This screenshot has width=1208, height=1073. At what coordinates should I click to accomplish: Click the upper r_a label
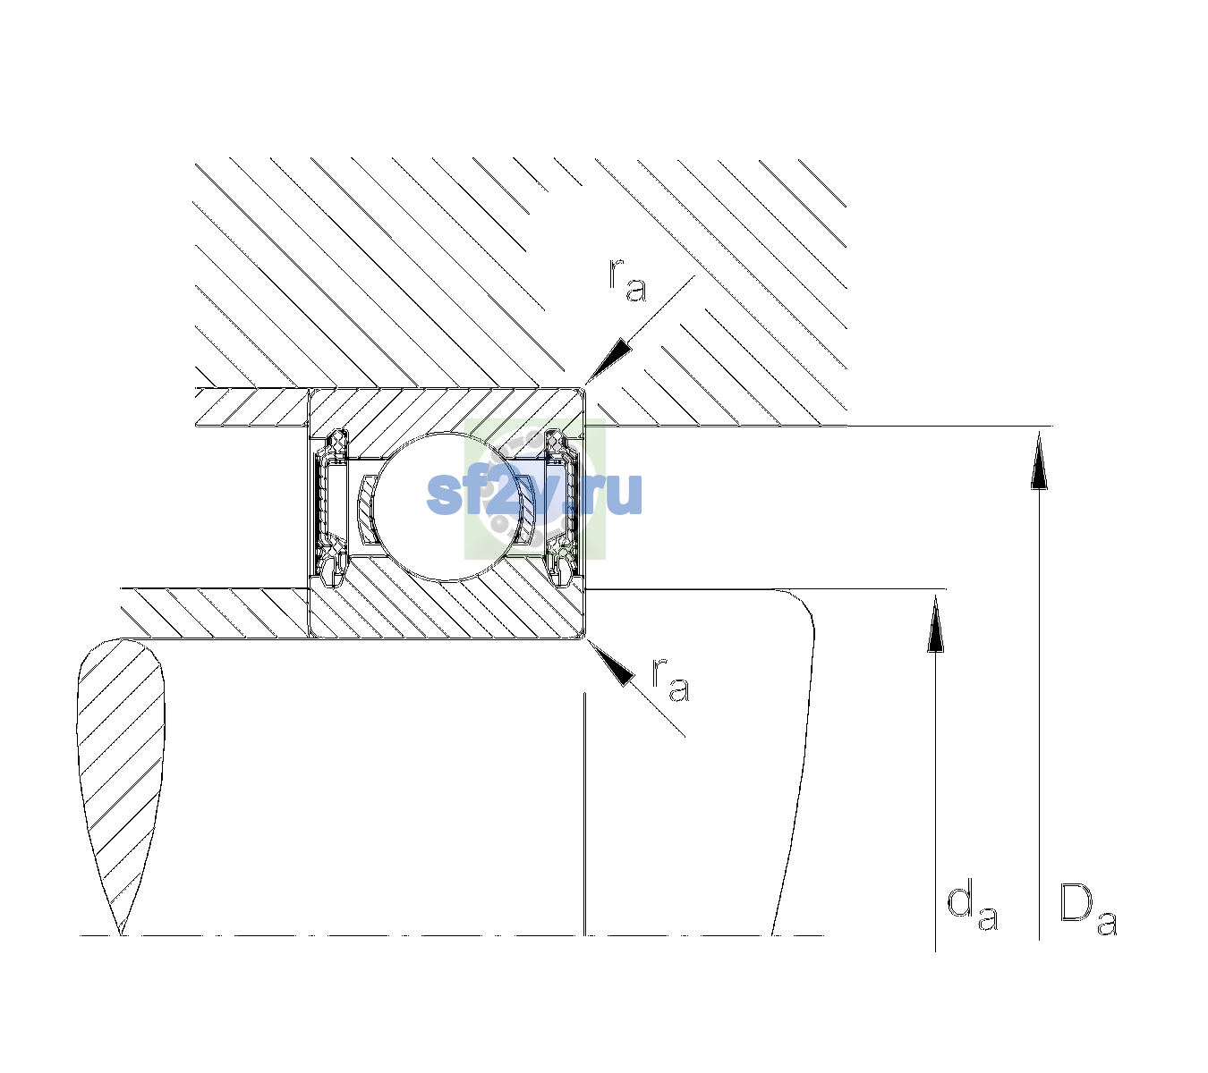tap(627, 281)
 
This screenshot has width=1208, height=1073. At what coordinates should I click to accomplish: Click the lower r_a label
tap(671, 680)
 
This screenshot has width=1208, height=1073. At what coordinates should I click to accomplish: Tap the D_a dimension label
tap(1087, 909)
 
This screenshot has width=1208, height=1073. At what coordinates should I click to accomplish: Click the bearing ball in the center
tap(447, 506)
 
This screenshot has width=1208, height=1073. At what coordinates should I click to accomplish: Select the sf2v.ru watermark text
tap(534, 494)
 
